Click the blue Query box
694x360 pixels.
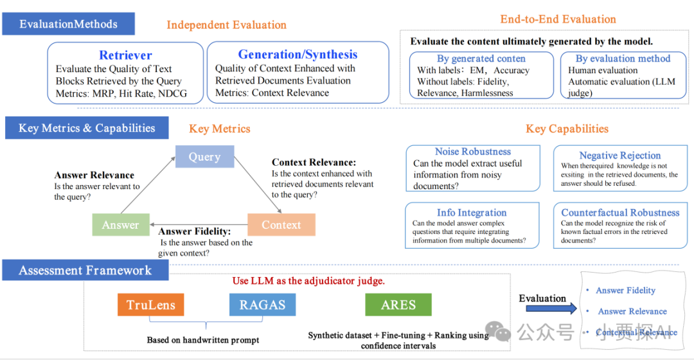[x=204, y=157]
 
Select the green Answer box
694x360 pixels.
[x=120, y=225]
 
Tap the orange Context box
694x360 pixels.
[x=281, y=225]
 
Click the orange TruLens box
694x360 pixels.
[x=151, y=305]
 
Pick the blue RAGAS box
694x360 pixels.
[x=262, y=305]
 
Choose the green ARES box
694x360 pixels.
[x=398, y=305]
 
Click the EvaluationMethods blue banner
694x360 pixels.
[x=68, y=24]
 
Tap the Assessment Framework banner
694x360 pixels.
[x=85, y=270]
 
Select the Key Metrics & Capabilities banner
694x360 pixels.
[x=87, y=128]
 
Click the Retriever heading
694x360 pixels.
[x=125, y=55]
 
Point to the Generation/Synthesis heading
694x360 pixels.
[x=298, y=55]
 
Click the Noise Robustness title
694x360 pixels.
[x=473, y=152]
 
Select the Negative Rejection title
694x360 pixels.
[x=619, y=156]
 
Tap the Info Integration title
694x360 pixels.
[x=472, y=213]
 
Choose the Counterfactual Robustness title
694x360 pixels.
[x=620, y=213]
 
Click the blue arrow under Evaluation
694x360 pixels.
[x=543, y=310]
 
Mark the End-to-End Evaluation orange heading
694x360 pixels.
[x=558, y=19]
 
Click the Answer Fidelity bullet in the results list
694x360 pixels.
[x=625, y=290]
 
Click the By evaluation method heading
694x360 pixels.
[x=623, y=59]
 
